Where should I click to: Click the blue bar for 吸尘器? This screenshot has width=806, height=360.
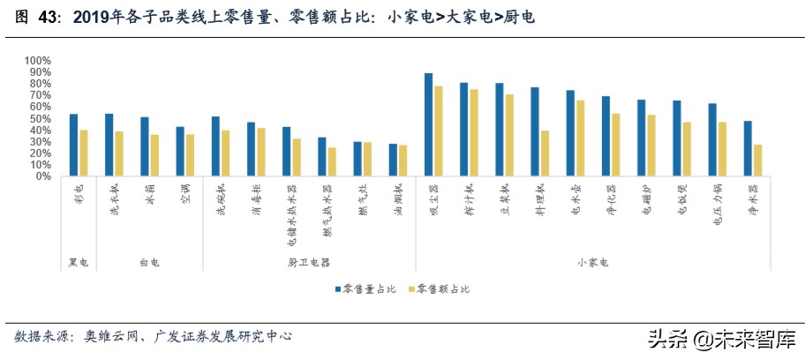point(428,124)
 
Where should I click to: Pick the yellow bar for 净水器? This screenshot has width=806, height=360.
point(757,161)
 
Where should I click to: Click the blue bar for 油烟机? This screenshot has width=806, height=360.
point(393,160)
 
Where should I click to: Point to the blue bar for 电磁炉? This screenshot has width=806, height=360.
point(641,138)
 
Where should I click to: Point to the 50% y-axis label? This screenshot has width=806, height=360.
point(41,118)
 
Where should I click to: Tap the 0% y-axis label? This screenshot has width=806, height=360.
point(44,176)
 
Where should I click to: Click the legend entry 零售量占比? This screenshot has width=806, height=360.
point(365,289)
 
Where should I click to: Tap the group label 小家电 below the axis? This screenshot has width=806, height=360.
point(592,263)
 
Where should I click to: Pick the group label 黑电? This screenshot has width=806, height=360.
point(78,263)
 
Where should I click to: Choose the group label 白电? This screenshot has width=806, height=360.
point(149,263)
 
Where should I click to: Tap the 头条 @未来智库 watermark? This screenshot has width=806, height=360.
point(721,338)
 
